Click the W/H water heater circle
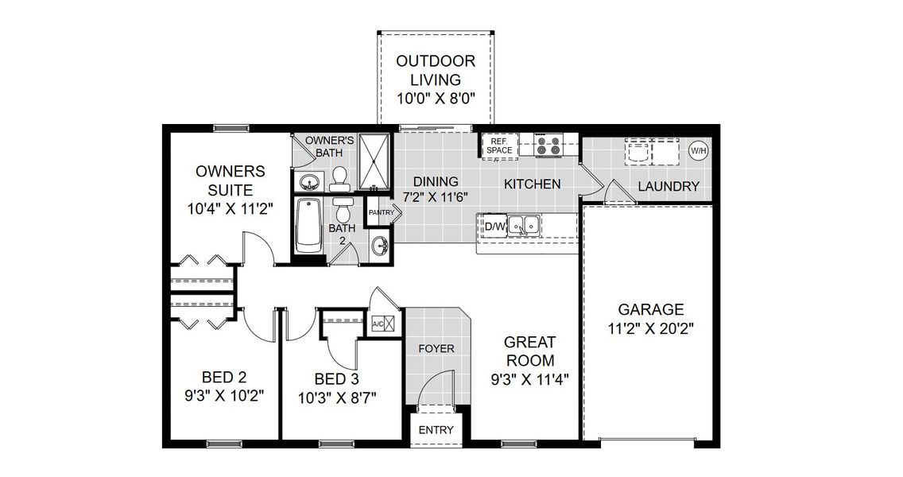(x=697, y=150)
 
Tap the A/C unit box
(x=379, y=324)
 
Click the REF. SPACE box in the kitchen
(x=500, y=145)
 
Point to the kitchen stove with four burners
(x=548, y=145)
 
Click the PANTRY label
(x=380, y=212)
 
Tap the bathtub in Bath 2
(x=308, y=226)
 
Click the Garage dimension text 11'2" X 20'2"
(x=651, y=330)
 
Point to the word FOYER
(x=436, y=348)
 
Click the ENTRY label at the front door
(x=436, y=430)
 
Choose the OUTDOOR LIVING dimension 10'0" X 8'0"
(x=436, y=99)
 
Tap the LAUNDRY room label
(x=669, y=187)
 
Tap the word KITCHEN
(x=533, y=184)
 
